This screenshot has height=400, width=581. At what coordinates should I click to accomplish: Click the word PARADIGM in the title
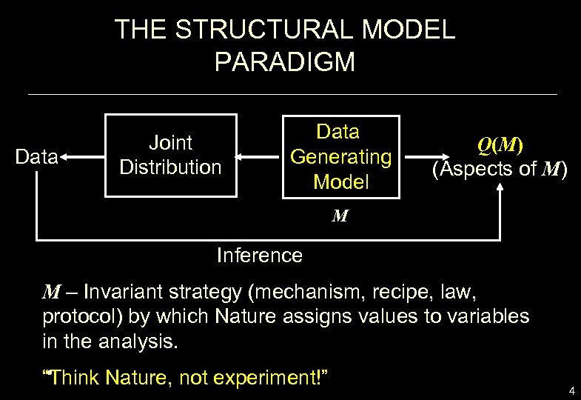285,62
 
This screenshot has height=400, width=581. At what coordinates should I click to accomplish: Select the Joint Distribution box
171,155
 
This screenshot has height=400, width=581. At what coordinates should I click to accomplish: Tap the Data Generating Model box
340,157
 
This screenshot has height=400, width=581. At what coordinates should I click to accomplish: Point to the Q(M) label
501,146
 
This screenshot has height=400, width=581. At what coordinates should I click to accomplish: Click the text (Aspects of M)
500,170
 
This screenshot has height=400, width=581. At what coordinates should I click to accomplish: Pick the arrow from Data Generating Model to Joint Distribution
259,157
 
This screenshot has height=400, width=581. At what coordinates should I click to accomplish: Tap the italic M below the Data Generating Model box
340,217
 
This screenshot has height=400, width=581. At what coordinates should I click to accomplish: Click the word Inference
259,256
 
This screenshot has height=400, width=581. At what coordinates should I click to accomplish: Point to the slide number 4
571,390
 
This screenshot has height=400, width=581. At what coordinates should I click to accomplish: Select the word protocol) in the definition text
82,316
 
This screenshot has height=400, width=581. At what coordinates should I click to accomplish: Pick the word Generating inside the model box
340,157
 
